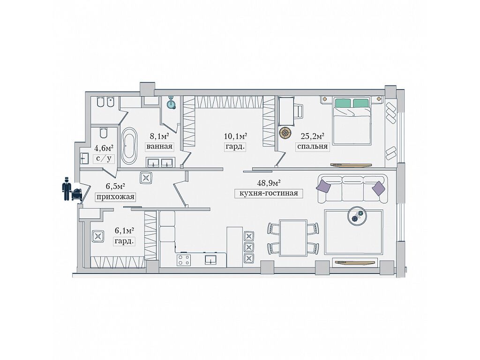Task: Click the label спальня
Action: pyautogui.click(x=313, y=146)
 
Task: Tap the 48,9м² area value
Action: pyautogui.click(x=269, y=183)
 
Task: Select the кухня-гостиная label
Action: pyautogui.click(x=269, y=194)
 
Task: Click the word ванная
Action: pyautogui.click(x=159, y=146)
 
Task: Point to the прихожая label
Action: pyautogui.click(x=115, y=197)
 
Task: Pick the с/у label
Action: pyautogui.click(x=104, y=158)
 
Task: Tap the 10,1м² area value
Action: pyautogui.click(x=235, y=135)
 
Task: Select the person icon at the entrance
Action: pyautogui.click(x=67, y=189)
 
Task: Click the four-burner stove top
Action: pyautogui.click(x=183, y=260)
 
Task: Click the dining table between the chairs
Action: pyautogui.click(x=293, y=238)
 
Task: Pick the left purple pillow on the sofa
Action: pyautogui.click(x=323, y=186)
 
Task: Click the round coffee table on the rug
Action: pyautogui.click(x=357, y=217)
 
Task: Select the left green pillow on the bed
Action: pyautogui.click(x=343, y=103)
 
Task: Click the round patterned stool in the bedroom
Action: pyautogui.click(x=285, y=133)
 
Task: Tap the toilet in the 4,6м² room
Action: pyautogui.click(x=103, y=133)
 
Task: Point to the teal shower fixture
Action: pyautogui.click(x=172, y=103)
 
